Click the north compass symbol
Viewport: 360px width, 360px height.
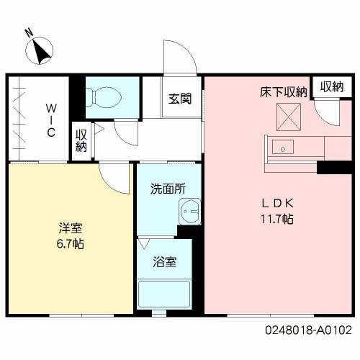[39, 50]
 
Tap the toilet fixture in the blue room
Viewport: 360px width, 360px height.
[104, 97]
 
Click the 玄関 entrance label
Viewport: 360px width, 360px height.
[180, 99]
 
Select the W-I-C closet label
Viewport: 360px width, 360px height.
[51, 120]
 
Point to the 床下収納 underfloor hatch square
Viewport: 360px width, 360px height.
[289, 117]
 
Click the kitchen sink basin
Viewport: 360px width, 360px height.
[283, 147]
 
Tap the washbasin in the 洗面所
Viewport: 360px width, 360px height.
[189, 212]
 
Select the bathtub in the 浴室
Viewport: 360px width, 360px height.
[164, 294]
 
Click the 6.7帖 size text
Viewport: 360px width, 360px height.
[71, 244]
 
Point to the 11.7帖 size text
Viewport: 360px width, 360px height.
[277, 219]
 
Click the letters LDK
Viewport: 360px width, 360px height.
[277, 204]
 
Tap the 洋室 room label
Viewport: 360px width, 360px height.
[71, 228]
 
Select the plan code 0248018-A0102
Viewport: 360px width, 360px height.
[308, 330]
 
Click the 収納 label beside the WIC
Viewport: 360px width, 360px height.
[81, 141]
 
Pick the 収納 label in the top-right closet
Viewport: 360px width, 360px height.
[332, 86]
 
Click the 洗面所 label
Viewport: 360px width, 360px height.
[168, 189]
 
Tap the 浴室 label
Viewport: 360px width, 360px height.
[165, 262]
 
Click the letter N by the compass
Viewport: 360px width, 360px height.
[30, 33]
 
